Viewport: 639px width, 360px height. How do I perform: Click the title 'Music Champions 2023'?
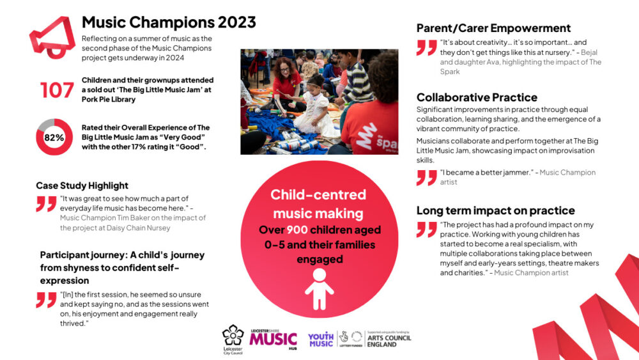point(169,22)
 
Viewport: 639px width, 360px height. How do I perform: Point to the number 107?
point(57,90)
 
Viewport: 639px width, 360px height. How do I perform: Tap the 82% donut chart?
point(54,137)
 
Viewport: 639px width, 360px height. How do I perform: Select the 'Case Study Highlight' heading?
point(82,185)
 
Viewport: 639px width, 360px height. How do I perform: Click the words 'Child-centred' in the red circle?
point(318,194)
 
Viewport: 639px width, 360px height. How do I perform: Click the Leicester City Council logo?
point(233,339)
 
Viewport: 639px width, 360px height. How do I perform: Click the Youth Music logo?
point(321,340)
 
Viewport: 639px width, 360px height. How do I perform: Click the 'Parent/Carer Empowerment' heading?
point(493,28)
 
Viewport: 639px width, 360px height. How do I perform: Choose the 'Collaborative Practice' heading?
point(477,97)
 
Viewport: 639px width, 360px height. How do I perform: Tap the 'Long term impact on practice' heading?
point(495,210)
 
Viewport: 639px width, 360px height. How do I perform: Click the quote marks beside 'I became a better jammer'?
point(426,177)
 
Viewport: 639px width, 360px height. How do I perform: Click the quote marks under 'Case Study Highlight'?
point(46,203)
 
